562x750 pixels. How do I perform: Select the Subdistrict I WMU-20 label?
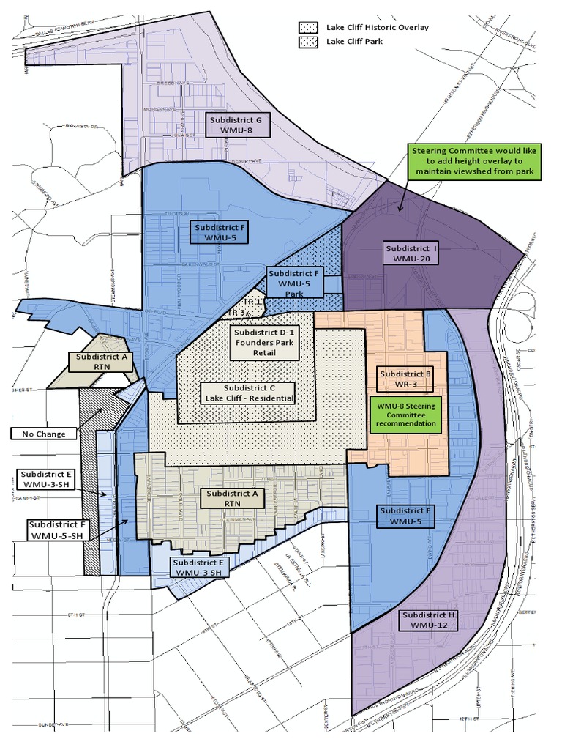coord(411,253)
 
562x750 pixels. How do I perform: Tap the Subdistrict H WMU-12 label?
coord(429,619)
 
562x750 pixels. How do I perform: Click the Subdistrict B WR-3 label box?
coord(405,378)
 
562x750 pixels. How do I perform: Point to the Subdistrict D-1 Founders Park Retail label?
coord(264,341)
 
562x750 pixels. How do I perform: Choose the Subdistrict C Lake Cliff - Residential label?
coord(250,393)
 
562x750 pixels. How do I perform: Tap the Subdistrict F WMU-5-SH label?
coord(59,530)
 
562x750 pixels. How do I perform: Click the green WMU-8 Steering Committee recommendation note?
coord(406,414)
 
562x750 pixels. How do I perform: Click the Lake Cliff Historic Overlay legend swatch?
coord(306,27)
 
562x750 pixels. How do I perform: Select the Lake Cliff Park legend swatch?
coord(306,42)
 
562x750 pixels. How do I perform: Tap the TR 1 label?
coord(252,302)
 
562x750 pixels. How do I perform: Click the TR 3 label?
coord(236,313)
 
